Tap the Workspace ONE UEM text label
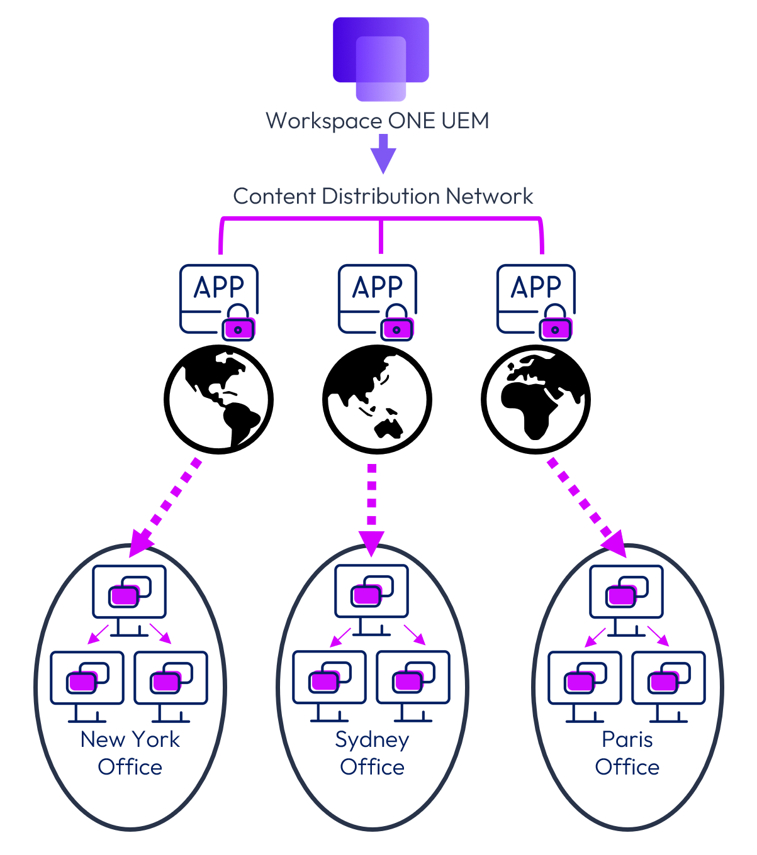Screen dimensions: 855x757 (378, 121)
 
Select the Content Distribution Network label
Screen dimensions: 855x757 (383, 196)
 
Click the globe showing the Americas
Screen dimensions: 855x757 (219, 399)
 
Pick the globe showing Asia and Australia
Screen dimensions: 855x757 (378, 399)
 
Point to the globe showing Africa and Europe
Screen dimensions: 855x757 (536, 399)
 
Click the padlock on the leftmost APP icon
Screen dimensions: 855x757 (238, 324)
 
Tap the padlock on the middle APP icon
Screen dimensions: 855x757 (396, 324)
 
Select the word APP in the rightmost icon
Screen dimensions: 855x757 (536, 287)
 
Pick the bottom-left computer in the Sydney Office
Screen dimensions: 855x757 (330, 682)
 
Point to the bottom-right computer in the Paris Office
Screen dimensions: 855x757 (669, 682)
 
